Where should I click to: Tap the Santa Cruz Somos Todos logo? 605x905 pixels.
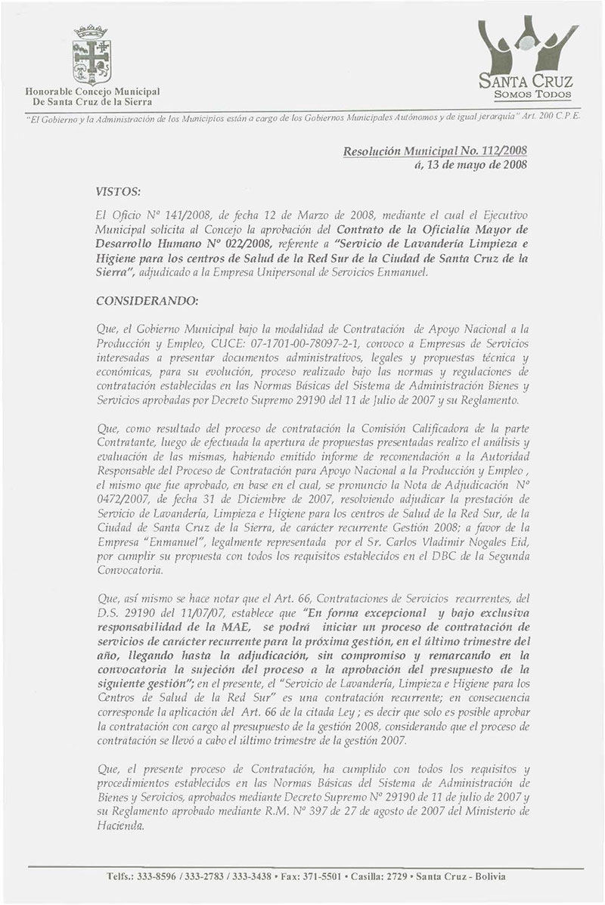pos(529,61)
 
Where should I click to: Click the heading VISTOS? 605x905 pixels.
pos(116,184)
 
